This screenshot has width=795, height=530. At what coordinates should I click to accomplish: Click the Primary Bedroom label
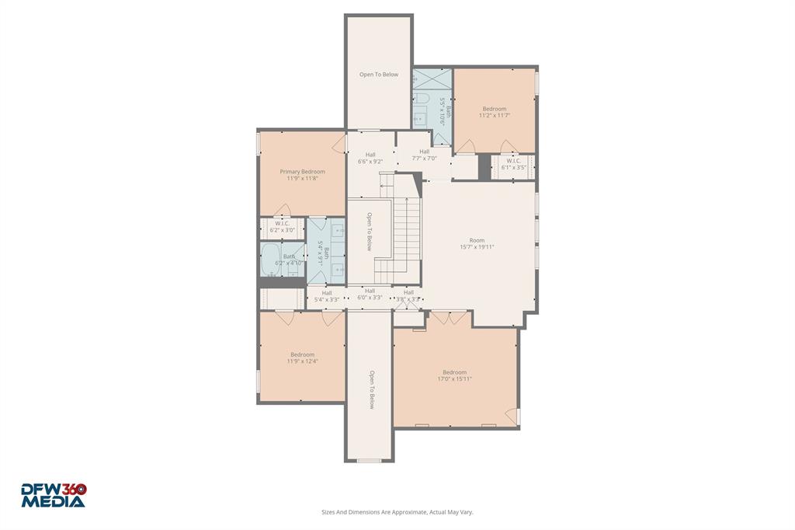(x=302, y=175)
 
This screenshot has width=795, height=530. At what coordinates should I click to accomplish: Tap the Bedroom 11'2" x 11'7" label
(x=494, y=112)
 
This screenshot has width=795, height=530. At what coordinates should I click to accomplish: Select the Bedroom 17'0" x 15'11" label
(x=454, y=375)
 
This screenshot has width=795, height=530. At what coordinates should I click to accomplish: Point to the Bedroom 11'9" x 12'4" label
(x=302, y=357)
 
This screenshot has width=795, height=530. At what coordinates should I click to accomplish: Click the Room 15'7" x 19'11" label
(x=477, y=244)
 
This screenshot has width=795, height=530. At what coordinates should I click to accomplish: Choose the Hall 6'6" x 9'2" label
(x=370, y=158)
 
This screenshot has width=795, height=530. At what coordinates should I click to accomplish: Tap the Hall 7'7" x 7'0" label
(x=424, y=155)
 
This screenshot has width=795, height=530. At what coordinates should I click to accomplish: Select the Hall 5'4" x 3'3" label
(x=326, y=296)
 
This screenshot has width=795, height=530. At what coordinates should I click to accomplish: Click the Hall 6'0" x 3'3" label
(x=370, y=294)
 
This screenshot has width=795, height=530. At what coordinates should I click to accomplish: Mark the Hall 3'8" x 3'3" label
(x=408, y=295)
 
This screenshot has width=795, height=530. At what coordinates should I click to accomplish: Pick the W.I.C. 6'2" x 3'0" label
(x=282, y=227)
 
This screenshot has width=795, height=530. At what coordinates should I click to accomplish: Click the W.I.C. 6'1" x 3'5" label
(x=513, y=164)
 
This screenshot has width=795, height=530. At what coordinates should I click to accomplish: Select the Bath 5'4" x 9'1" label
(x=324, y=253)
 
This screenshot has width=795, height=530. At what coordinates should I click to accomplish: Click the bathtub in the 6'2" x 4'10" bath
(x=273, y=259)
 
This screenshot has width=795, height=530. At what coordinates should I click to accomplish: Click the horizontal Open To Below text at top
(x=378, y=75)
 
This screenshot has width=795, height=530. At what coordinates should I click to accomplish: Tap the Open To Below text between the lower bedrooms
(x=371, y=389)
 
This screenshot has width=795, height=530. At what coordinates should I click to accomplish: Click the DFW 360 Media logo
(x=53, y=495)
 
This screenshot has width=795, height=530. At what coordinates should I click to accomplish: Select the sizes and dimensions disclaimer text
(x=397, y=512)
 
